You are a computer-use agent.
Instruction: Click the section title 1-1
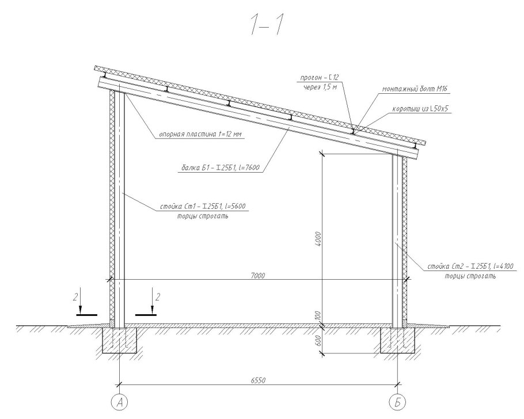[x=267, y=26]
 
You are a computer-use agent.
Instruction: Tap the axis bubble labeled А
[x=120, y=402]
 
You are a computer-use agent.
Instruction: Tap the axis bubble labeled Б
[x=398, y=402]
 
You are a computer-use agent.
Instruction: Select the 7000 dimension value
[x=257, y=275]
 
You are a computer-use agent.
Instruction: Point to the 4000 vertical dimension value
[x=318, y=239]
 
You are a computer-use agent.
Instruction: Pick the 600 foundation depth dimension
[x=318, y=341]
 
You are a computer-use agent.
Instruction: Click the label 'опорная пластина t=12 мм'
[x=200, y=135]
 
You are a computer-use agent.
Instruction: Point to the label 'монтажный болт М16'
[x=415, y=89]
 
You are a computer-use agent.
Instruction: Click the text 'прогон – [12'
[x=320, y=78]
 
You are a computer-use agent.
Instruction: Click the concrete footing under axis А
[x=120, y=340]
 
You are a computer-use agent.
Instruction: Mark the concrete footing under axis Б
[x=398, y=340]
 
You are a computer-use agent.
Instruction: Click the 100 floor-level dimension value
[x=318, y=316]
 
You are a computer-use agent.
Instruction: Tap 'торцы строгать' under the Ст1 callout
[x=203, y=216]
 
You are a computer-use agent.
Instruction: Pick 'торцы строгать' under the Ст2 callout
[x=470, y=276]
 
